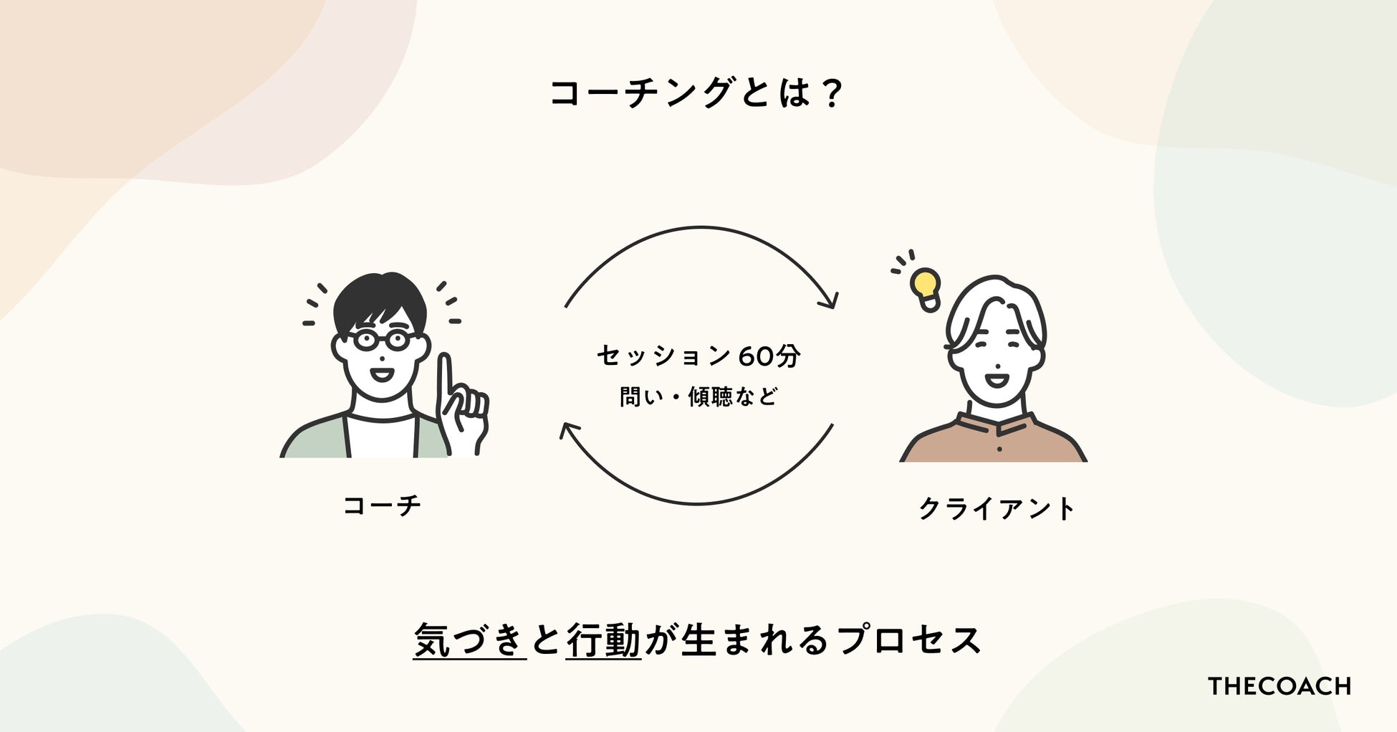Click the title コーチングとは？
pos(696,93)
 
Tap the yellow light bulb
pos(926,285)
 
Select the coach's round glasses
pos(381,340)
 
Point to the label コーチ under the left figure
pos(382,505)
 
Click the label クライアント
pos(997,509)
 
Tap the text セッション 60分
pos(698,356)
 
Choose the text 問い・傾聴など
pos(698,396)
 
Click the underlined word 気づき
pos(470,640)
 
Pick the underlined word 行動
pos(603,640)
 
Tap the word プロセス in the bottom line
pos(910,640)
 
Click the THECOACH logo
pos(1279,686)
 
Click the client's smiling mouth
pos(995,377)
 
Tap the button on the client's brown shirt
pos(999,449)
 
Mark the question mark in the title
pos(832,93)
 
